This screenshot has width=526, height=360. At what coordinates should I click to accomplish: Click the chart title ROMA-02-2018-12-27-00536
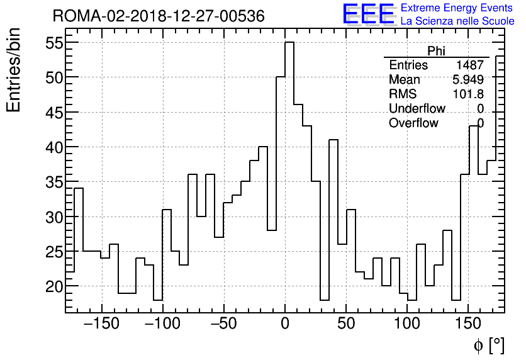coord(158,16)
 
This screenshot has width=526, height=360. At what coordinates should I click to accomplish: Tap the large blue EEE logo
coord(369,15)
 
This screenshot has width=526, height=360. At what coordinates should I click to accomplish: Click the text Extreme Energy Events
coord(457,8)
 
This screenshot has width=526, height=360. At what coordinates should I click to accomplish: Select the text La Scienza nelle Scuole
coord(457,22)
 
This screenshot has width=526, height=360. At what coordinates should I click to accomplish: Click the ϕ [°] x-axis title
coord(489,345)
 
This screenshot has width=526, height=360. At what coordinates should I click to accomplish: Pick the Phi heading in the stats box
coord(436,51)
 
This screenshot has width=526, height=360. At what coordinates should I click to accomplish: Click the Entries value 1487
coord(470,65)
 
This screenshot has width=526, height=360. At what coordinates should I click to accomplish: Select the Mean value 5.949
coord(468,80)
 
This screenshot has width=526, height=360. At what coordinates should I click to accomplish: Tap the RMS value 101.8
coord(468,94)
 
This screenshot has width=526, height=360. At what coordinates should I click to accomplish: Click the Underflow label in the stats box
coord(416,109)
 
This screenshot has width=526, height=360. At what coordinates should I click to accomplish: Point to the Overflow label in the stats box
coord(413,123)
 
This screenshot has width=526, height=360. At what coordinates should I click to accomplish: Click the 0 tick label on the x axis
coord(285,325)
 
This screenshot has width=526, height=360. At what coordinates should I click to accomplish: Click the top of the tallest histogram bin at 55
coord(289,43)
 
